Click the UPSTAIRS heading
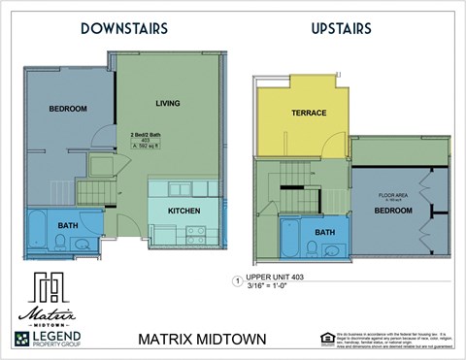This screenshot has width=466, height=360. coord(341,28)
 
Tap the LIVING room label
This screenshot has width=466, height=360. coord(169,102)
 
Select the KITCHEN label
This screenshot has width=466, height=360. coord(184,210)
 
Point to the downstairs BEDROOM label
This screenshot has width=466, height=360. coord(68,108)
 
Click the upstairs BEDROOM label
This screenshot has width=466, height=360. coord(393,210)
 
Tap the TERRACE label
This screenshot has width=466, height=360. coord(309,114)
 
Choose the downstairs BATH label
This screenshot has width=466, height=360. coord(67,224)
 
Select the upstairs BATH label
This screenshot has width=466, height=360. coord(324,232)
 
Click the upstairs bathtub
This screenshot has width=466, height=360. coord(289,239)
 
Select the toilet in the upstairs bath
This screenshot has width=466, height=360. coord(312,247)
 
